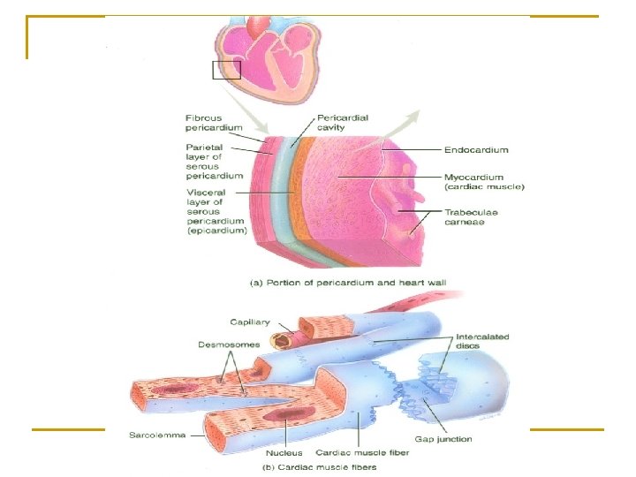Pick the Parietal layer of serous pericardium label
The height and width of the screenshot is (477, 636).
(x=215, y=161)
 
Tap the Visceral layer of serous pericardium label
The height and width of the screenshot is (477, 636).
(x=216, y=211)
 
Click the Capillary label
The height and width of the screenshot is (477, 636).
(x=250, y=322)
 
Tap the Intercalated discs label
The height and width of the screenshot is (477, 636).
(x=482, y=341)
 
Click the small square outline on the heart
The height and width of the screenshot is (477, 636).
(x=226, y=71)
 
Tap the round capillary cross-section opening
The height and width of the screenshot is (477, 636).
(x=282, y=339)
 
